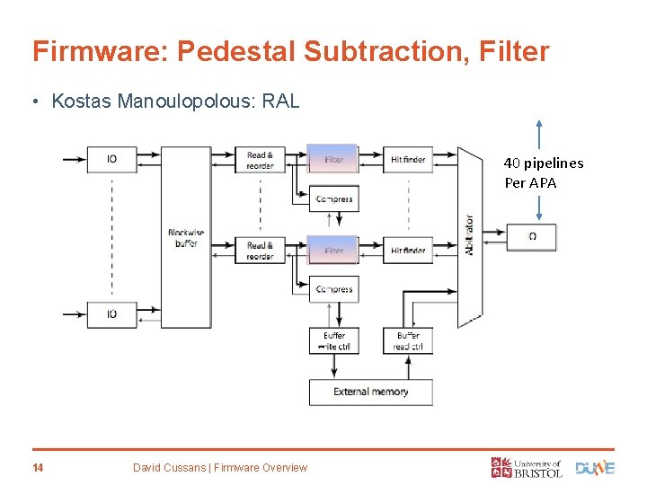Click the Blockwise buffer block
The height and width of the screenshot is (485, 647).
coord(186,237)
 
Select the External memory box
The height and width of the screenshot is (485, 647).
coord(370,392)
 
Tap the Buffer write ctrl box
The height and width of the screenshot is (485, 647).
coord(333,340)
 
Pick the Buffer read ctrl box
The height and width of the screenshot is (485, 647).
coord(407,340)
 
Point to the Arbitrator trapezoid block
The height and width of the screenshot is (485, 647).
coord(469,235)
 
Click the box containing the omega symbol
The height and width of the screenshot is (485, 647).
coord(531,237)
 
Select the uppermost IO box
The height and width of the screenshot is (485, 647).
coord(111,159)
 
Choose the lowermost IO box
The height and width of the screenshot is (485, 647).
coord(111,314)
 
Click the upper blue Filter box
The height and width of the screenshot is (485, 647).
coord(333,159)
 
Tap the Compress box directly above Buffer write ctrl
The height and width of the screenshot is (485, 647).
coord(333,289)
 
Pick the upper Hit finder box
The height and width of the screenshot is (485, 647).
coord(408,159)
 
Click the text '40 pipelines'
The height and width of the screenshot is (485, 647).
coord(543,163)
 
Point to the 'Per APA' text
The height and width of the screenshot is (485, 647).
coord(530,183)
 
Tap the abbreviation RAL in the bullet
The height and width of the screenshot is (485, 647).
coord(279,101)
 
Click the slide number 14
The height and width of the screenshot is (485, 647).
coord(39,467)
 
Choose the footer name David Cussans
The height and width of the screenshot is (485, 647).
coord(175,467)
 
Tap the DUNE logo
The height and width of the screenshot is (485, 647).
coord(595,467)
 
